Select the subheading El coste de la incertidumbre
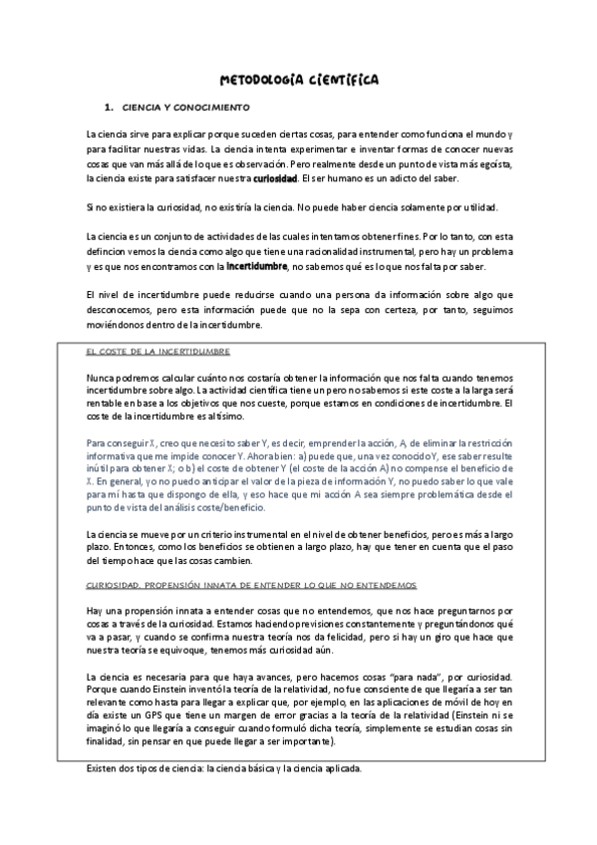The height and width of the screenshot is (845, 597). (159, 352)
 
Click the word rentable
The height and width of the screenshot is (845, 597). (109, 403)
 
